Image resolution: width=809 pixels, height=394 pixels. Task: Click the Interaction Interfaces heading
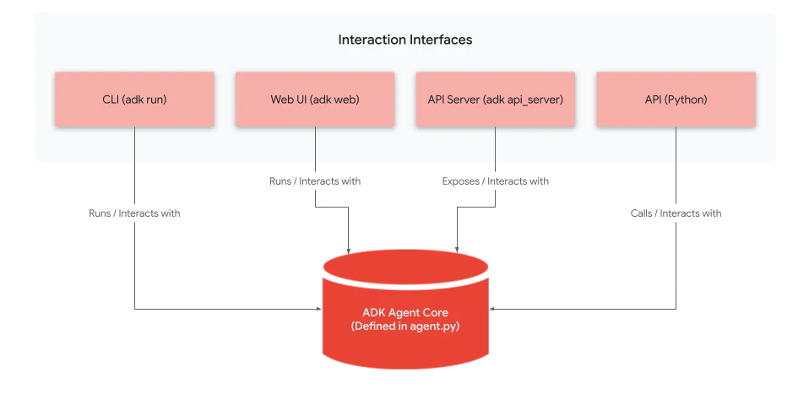(404, 40)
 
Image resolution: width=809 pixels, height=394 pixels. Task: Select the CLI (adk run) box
(134, 100)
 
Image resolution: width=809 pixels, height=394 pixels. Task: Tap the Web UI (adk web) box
(315, 100)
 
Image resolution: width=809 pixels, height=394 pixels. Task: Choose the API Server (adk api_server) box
(496, 100)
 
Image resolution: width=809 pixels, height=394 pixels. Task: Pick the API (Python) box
(676, 100)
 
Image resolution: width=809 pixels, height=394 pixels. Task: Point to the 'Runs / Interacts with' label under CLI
(134, 213)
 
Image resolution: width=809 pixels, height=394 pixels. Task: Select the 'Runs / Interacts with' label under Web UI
(315, 181)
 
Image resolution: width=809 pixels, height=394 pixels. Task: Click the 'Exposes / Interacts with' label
(496, 181)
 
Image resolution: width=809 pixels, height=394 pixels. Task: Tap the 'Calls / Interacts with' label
(676, 213)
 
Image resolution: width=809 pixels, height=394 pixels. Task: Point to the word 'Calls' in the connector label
(642, 213)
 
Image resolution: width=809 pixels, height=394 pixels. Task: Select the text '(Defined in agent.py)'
(405, 327)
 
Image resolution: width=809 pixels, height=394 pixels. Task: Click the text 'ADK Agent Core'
(405, 313)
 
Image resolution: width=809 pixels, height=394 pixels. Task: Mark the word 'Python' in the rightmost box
(684, 100)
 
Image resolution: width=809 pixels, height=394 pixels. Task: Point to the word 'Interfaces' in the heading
(441, 40)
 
